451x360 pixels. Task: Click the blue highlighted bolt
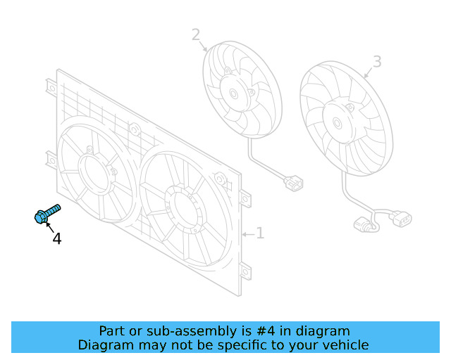point(47,214)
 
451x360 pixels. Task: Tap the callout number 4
point(56,239)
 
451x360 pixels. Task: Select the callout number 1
point(259,233)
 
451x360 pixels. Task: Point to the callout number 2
point(195,34)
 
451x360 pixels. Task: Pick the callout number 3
point(377,62)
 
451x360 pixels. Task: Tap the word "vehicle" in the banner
point(342,345)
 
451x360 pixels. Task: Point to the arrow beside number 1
point(246,233)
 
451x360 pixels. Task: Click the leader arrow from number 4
point(49,227)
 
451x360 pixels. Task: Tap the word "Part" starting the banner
point(111,330)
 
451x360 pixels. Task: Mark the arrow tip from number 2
point(206,51)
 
